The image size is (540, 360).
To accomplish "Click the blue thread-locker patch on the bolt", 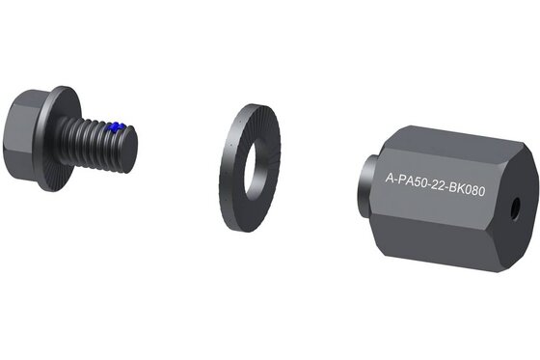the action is tap(116, 127).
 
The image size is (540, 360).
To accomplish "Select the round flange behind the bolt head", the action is tap(57, 138).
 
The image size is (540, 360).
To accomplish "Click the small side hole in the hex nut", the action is tap(516, 207).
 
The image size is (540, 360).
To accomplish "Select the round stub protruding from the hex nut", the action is tap(365, 186).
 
